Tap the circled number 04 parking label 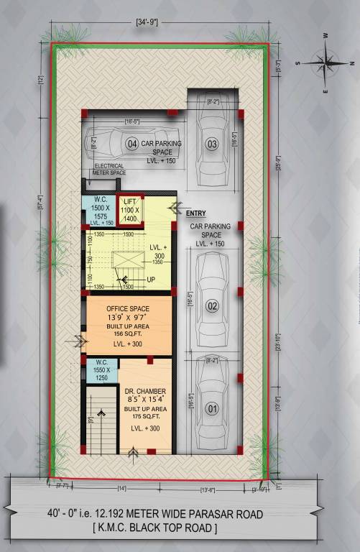(131, 144)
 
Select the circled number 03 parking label (211, 144)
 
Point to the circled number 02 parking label (212, 307)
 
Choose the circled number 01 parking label (211, 410)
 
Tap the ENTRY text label (195, 213)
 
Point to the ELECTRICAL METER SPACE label (110, 170)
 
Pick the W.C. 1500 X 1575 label (99, 211)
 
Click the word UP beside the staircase (150, 279)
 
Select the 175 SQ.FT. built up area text (146, 416)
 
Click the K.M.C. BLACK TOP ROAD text (180, 528)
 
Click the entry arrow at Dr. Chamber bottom (132, 453)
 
